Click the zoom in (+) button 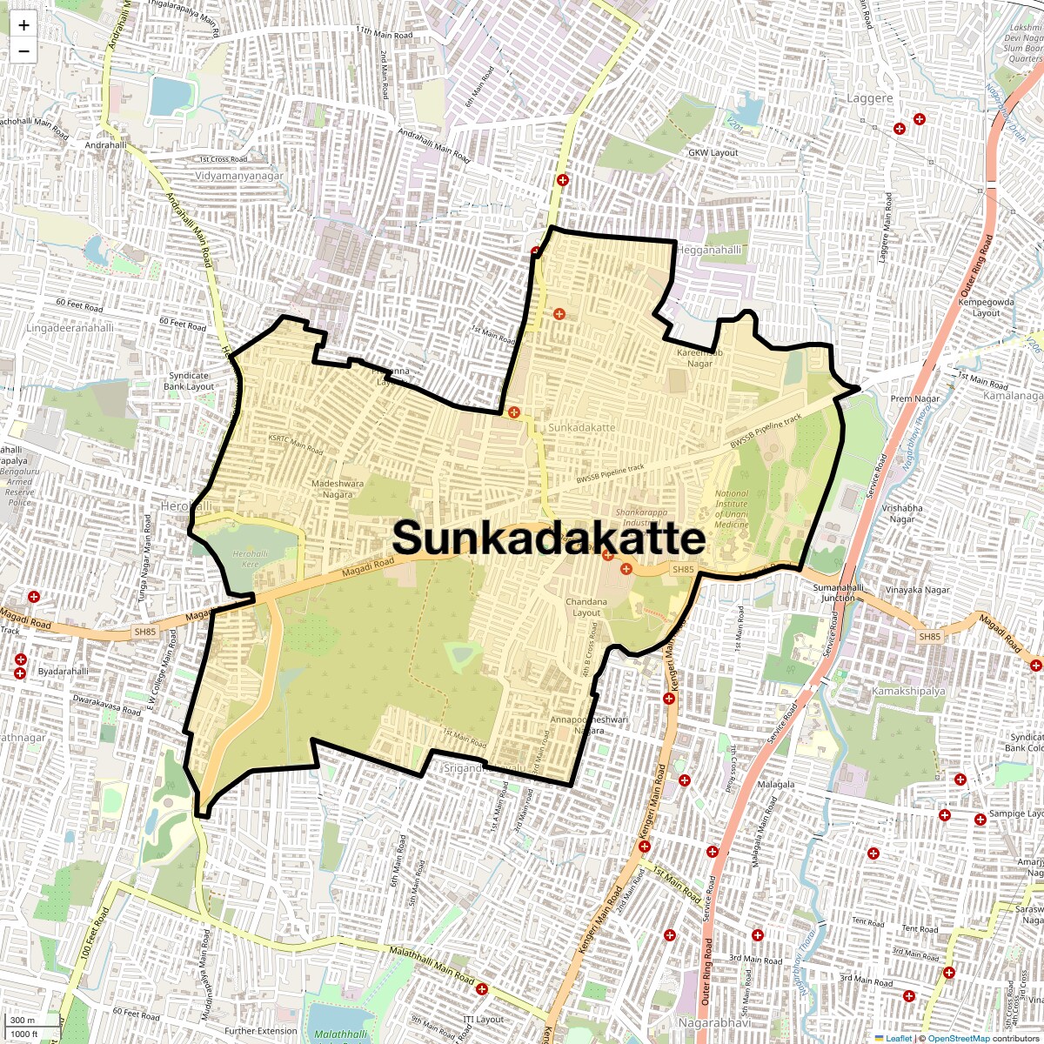(x=23, y=25)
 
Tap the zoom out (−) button (x=23, y=50)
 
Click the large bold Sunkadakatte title (x=548, y=538)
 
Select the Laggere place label (x=870, y=98)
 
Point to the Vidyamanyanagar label (x=239, y=176)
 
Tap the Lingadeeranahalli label (x=70, y=328)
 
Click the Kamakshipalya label (x=908, y=691)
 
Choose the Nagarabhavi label (x=713, y=1023)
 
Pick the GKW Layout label (x=713, y=152)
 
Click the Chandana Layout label (x=586, y=606)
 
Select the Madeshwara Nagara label (x=338, y=489)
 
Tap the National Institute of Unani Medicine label (x=731, y=508)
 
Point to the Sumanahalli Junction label (x=839, y=592)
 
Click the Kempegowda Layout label (x=986, y=307)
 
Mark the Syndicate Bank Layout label (x=189, y=381)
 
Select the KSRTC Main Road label (x=296, y=445)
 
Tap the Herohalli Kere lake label (x=251, y=559)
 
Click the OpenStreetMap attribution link (x=958, y=1038)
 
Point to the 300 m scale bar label (x=23, y=1021)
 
